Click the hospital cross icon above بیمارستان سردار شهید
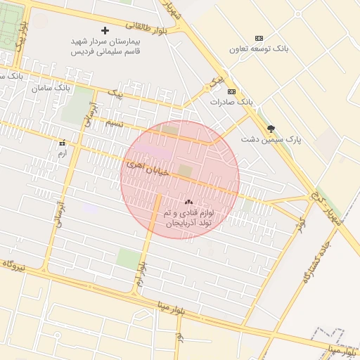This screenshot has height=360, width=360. pos(105,31)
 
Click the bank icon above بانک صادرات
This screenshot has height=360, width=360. pos(231,91)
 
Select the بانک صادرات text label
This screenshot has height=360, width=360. pos(231,102)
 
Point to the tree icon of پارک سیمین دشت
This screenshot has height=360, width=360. pos(271,129)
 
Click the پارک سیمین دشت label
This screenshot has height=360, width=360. pos(271,140)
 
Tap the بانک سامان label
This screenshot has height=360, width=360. pos(52,89)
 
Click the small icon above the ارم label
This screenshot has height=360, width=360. pos(62,143)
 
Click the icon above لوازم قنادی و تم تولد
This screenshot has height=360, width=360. pos(188,201)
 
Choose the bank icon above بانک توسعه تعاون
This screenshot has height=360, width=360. pos(259,38)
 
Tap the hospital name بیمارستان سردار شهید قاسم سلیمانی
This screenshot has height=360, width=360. pos(105,46)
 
